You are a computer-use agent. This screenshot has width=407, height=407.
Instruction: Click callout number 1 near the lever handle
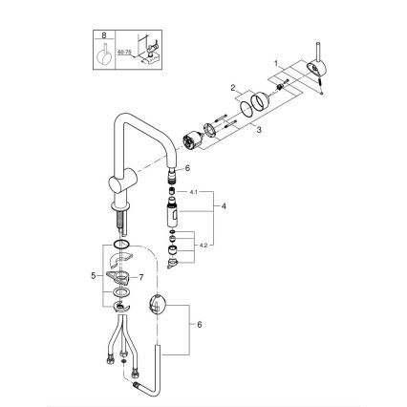278,63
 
